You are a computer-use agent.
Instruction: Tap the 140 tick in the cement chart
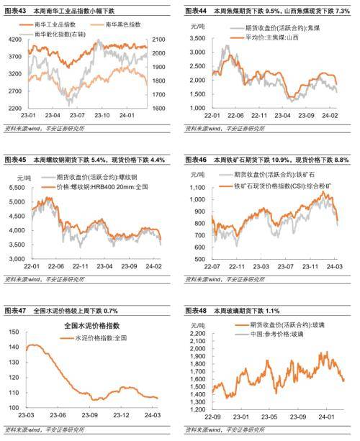click(x=16, y=347)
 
